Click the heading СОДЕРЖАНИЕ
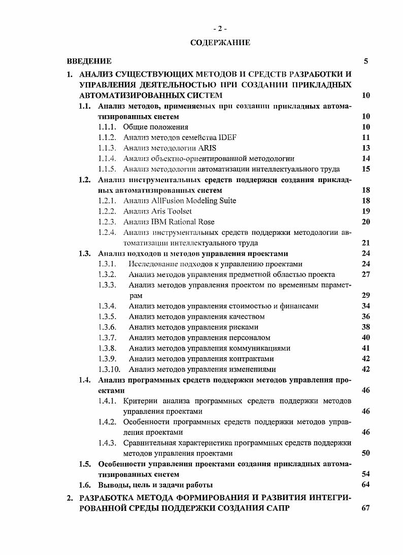pyautogui.click(x=220, y=43)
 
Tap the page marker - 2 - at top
pyautogui.click(x=220, y=28)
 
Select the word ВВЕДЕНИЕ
pyautogui.click(x=89, y=61)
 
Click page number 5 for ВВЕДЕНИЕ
pyautogui.click(x=366, y=61)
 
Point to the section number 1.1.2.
pyautogui.click(x=108, y=137)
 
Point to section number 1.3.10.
pyautogui.click(x=110, y=369)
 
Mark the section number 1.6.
pyautogui.click(x=85, y=484)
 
